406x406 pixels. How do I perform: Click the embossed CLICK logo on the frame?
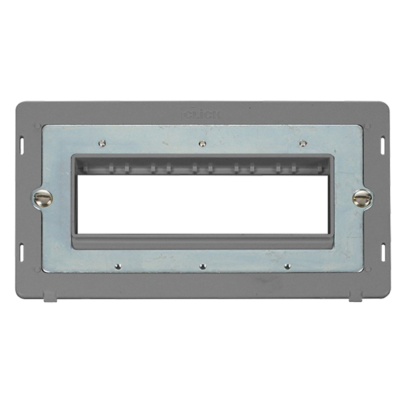tap(202, 114)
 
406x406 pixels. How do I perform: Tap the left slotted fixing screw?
tap(43, 198)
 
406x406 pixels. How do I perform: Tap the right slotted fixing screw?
tap(362, 198)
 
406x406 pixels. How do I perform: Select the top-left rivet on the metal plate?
tap(102, 143)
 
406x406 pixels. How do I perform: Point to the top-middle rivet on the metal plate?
tap(201, 143)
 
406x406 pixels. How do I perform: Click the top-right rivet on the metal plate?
tap(302, 143)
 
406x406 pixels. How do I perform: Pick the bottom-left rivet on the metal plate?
tap(117, 266)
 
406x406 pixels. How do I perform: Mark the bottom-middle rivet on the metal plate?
tap(202, 266)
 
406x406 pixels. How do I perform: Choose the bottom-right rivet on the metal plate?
tap(287, 266)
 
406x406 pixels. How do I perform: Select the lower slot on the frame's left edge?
tap(22, 252)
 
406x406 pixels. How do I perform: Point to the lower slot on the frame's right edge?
tap(383, 252)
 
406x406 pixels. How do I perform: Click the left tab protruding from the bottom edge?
tap(50, 296)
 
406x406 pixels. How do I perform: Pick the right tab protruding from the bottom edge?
tap(355, 296)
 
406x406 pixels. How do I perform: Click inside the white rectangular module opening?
tap(203, 204)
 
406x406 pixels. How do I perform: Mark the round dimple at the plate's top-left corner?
tap(38, 126)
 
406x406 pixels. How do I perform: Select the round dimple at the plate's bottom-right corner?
tap(367, 271)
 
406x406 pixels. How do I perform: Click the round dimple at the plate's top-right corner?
tap(367, 126)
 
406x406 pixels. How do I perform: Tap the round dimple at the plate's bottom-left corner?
tap(38, 271)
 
